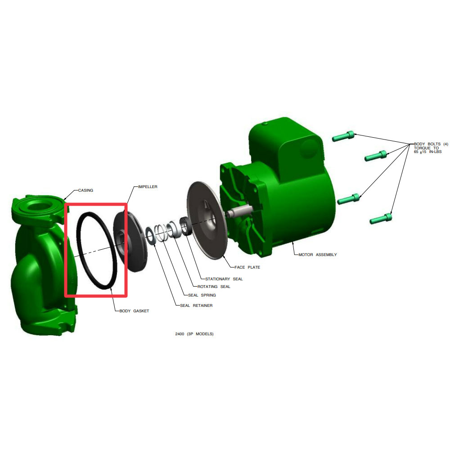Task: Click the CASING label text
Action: pyautogui.click(x=85, y=190)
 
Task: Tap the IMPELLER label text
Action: pyautogui.click(x=148, y=187)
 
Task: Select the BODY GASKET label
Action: pyautogui.click(x=134, y=311)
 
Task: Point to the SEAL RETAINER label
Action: pyautogui.click(x=196, y=306)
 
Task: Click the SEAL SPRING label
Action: pyautogui.click(x=202, y=295)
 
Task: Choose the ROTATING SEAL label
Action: pyautogui.click(x=214, y=286)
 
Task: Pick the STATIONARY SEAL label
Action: pyautogui.click(x=224, y=279)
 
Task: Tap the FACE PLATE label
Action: pyautogui.click(x=247, y=267)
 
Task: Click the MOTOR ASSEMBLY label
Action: pyautogui.click(x=317, y=255)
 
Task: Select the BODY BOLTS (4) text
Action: pyautogui.click(x=431, y=144)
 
